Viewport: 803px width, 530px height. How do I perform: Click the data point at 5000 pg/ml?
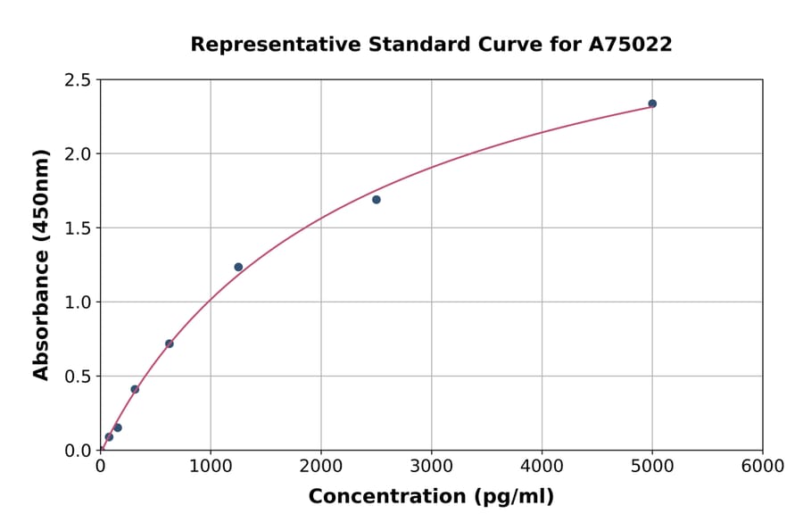click(x=652, y=104)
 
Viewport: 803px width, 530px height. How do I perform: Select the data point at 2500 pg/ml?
click(x=377, y=200)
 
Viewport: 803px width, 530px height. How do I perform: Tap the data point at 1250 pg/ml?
click(x=238, y=267)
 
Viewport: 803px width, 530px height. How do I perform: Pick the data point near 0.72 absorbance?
click(x=170, y=344)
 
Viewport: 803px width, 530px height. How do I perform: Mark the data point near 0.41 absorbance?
click(x=135, y=389)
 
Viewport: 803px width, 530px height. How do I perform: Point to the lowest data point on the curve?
click(x=109, y=437)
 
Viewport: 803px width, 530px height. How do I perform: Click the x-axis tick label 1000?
click(x=211, y=467)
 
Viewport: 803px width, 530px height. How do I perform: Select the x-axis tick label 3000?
click(x=432, y=467)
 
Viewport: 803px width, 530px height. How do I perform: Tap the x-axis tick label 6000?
click(x=763, y=467)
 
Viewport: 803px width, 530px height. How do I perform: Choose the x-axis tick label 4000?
click(x=542, y=467)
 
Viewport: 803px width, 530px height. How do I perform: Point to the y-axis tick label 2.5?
click(x=78, y=80)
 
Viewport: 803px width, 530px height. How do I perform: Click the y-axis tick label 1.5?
click(x=78, y=228)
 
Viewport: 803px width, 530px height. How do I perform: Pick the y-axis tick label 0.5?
click(x=78, y=377)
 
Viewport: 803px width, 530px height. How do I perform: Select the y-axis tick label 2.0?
click(x=78, y=154)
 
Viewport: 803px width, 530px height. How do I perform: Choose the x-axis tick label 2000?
click(x=321, y=467)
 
